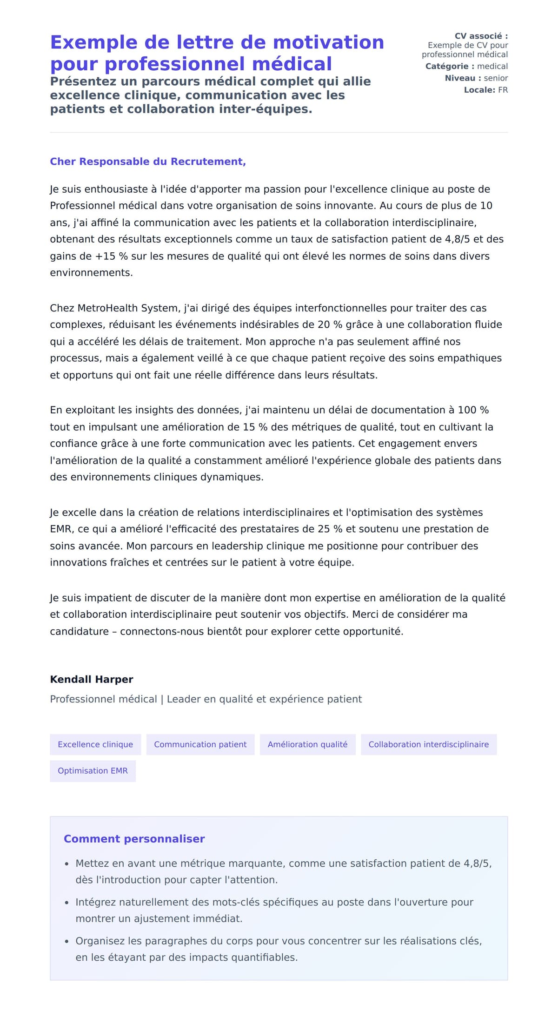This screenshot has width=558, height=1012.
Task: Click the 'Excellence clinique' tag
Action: [95, 744]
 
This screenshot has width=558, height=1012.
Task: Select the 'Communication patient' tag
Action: [200, 744]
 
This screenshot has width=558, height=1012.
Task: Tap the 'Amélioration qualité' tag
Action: [307, 744]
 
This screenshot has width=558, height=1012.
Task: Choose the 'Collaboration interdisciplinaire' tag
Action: [428, 744]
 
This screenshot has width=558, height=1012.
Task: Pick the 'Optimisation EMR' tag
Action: [93, 771]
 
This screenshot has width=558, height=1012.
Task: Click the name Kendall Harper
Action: [92, 679]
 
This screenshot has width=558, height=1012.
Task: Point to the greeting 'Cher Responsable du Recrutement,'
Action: [148, 162]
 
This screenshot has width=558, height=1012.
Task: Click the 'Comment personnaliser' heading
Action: [134, 839]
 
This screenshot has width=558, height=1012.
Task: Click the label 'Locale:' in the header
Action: [479, 90]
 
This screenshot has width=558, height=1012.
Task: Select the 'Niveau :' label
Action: [463, 78]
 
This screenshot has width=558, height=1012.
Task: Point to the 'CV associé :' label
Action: [481, 36]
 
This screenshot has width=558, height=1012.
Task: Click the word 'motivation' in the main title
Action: [328, 42]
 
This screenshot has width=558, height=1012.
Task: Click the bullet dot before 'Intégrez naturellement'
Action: [67, 903]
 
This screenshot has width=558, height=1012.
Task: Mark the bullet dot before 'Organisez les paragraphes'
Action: [67, 941]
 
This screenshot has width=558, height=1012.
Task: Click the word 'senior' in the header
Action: [496, 78]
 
